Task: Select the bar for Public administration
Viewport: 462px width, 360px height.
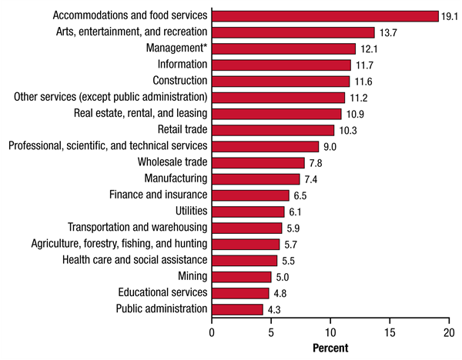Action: (237, 309)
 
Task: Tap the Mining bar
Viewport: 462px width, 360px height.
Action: (241, 276)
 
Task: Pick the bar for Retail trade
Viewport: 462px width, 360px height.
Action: (273, 129)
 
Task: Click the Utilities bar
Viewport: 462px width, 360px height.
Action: (248, 212)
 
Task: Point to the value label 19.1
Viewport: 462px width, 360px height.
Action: (450, 16)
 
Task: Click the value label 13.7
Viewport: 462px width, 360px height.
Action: (387, 32)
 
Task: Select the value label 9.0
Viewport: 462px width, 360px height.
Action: (330, 146)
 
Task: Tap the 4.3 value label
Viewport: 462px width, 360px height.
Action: (274, 309)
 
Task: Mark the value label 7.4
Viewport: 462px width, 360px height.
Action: (311, 179)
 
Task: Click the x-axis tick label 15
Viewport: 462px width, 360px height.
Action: (390, 332)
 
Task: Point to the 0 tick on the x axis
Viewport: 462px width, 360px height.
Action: (212, 332)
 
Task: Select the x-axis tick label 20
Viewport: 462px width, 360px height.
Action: (449, 332)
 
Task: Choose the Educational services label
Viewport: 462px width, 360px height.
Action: (162, 292)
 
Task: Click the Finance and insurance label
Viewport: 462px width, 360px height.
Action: (158, 195)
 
